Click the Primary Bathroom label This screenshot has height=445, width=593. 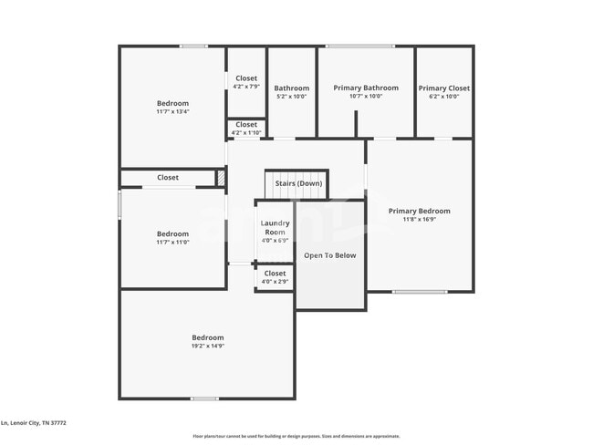pyautogui.click(x=365, y=88)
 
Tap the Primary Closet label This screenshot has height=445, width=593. pyautogui.click(x=444, y=88)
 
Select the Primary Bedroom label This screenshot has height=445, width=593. pyautogui.click(x=419, y=212)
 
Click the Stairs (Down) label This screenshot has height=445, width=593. pyautogui.click(x=298, y=183)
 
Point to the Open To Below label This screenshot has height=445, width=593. pyautogui.click(x=329, y=255)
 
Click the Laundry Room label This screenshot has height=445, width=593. pyautogui.click(x=275, y=228)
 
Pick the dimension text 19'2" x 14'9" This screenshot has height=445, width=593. pyautogui.click(x=207, y=347)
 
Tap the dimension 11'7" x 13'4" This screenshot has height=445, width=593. pyautogui.click(x=172, y=112)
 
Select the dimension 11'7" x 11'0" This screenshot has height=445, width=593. pyautogui.click(x=172, y=243)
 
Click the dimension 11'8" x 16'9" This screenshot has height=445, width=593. pyautogui.click(x=419, y=220)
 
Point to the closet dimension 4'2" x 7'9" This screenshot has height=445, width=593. pyautogui.click(x=246, y=87)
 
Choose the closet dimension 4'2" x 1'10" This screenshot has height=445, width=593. pyautogui.click(x=246, y=133)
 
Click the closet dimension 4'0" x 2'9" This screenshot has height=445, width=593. pyautogui.click(x=275, y=282)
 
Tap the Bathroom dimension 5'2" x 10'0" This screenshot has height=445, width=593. pyautogui.click(x=292, y=97)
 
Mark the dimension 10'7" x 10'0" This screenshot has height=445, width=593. pyautogui.click(x=365, y=97)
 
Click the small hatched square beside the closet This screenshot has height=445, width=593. pyautogui.click(x=220, y=178)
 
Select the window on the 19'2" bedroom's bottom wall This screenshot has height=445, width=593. pyautogui.click(x=204, y=398)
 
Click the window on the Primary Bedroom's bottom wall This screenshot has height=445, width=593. pyautogui.click(x=419, y=292)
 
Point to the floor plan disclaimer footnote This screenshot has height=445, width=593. pyautogui.click(x=296, y=437)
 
